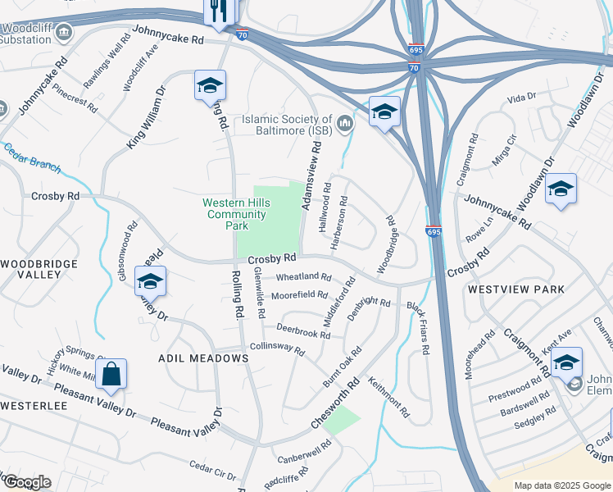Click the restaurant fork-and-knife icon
[x=220, y=11]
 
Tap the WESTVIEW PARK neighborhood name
[x=516, y=289]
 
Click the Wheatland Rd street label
[x=303, y=278]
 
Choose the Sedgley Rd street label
[x=532, y=417]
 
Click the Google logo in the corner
[x=26, y=482]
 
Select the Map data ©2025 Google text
[x=561, y=485]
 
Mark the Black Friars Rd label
[x=418, y=327]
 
